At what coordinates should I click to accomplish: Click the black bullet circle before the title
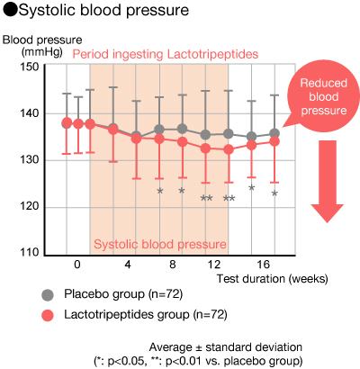pyautogui.click(x=11, y=10)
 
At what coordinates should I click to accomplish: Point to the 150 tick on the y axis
pyautogui.click(x=30, y=67)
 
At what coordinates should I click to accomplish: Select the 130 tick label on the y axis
pyautogui.click(x=30, y=159)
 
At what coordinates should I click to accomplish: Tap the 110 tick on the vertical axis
pyautogui.click(x=30, y=252)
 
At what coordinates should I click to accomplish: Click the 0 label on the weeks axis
pyautogui.click(x=77, y=265)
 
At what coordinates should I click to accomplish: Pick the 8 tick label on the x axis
pyautogui.click(x=172, y=265)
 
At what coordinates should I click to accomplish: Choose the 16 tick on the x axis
pyautogui.click(x=263, y=265)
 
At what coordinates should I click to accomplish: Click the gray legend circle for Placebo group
pyautogui.click(x=48, y=294)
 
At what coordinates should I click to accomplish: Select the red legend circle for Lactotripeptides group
pyautogui.click(x=48, y=316)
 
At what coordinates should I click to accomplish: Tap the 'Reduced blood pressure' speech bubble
pyautogui.click(x=322, y=97)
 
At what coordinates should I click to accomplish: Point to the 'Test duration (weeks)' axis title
pyautogui.click(x=273, y=279)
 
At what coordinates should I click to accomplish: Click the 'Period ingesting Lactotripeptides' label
pyautogui.click(x=166, y=54)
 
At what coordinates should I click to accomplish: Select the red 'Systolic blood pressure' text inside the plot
pyautogui.click(x=160, y=244)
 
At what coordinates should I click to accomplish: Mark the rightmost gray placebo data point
pyautogui.click(x=274, y=133)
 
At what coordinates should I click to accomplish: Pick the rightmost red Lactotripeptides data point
pyautogui.click(x=274, y=141)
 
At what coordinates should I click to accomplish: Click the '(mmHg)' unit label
pyautogui.click(x=42, y=52)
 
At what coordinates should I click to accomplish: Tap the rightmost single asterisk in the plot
pyautogui.click(x=274, y=193)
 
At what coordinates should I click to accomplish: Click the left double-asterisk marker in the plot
pyautogui.click(x=206, y=198)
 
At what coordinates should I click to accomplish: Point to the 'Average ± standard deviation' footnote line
pyautogui.click(x=226, y=347)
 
